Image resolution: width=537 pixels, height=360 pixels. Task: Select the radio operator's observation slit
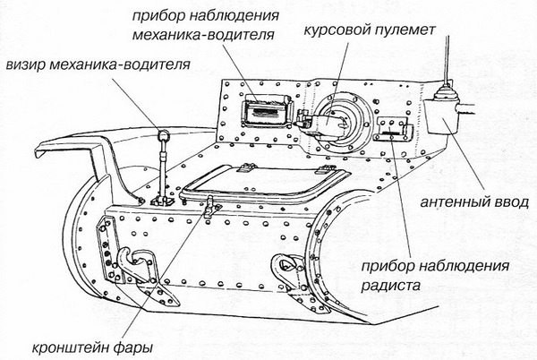[x=391, y=131]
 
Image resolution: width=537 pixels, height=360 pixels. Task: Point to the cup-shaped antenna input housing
[x=440, y=114]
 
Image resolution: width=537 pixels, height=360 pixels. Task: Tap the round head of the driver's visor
[x=164, y=136]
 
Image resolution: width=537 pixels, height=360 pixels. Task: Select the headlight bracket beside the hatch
[x=211, y=210]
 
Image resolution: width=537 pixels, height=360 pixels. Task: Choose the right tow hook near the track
[x=284, y=266]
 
